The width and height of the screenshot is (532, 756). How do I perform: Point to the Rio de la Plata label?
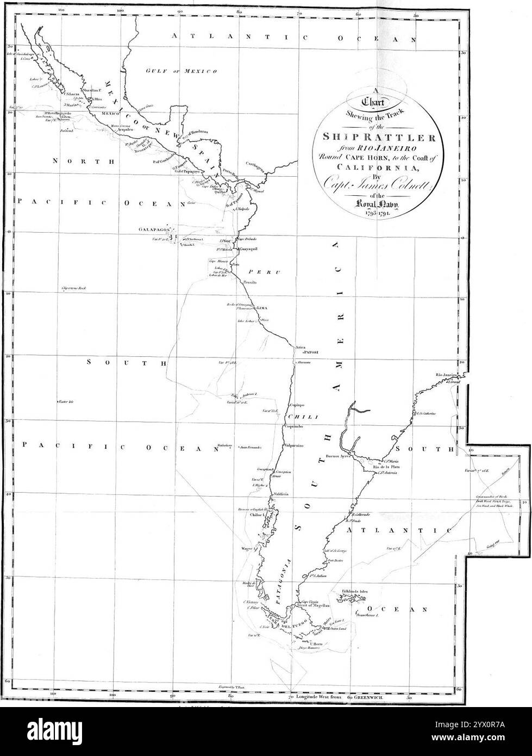point(386,467)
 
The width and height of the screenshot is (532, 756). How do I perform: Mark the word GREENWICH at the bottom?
point(370,696)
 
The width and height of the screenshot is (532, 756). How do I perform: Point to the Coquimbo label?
point(292,427)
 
